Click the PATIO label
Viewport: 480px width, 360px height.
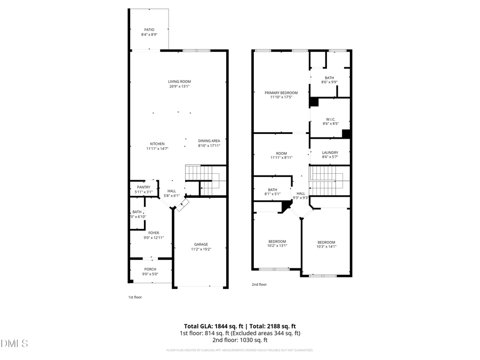[149, 30]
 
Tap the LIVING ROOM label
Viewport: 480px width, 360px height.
[179, 82]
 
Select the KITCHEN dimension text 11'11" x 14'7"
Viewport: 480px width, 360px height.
[157, 149]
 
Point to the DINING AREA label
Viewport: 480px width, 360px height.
[209, 141]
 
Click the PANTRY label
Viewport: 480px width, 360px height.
[143, 187]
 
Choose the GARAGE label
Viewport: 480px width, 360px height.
[201, 244]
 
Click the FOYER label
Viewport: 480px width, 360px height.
[154, 233]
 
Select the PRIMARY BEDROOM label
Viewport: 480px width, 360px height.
[281, 93]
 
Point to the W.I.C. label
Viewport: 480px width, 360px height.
[331, 119]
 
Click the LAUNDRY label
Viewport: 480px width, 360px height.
[330, 153]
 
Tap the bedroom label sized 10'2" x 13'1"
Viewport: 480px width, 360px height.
[277, 241]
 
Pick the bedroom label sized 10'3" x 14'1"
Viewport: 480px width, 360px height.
[326, 242]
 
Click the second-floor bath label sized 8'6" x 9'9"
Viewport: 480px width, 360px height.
[329, 78]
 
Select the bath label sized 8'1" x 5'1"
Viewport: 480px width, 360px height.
[273, 189]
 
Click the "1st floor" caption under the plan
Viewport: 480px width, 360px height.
[134, 297]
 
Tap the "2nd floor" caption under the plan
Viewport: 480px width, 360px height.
[259, 285]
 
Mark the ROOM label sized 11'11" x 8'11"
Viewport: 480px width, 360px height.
[281, 153]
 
